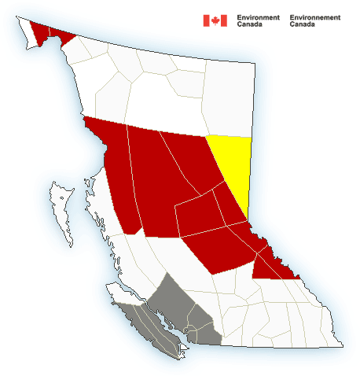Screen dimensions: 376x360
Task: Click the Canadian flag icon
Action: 215,20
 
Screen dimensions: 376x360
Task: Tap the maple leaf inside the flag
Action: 215,20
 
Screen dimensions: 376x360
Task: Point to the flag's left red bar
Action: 206,20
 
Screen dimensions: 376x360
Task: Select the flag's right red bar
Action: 223,20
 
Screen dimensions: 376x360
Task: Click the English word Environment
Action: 258,17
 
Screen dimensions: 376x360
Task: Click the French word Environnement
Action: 315,17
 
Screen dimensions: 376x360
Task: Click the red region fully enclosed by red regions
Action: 200,212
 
